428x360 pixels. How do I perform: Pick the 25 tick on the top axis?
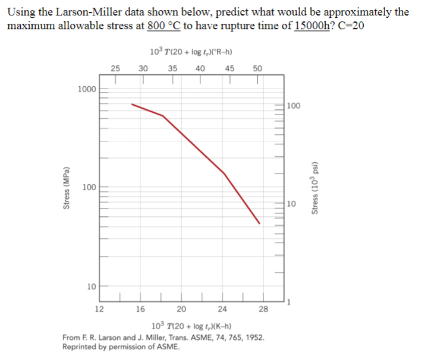(x=116, y=68)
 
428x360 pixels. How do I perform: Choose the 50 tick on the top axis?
(x=257, y=68)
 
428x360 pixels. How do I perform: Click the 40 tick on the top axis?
(x=201, y=68)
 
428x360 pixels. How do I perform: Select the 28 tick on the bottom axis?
(x=263, y=309)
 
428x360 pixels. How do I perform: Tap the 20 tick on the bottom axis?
(x=182, y=309)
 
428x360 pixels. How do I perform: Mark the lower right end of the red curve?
(x=260, y=223)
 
